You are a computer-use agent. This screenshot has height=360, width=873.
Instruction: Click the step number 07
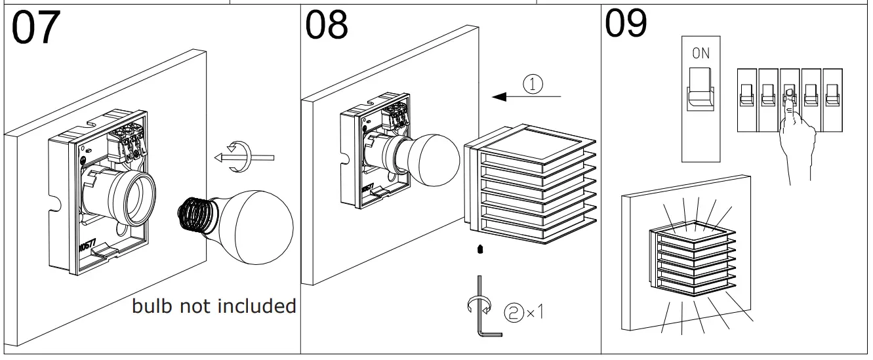click(36, 28)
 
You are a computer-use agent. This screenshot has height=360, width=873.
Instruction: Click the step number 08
click(327, 26)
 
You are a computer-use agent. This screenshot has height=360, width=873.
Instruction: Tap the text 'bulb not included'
click(214, 306)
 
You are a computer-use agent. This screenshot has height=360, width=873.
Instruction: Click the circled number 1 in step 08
click(533, 83)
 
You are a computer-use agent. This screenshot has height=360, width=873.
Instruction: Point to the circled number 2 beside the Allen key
click(512, 311)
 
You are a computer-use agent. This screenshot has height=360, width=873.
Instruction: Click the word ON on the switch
click(700, 54)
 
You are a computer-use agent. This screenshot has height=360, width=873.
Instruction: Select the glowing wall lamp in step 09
click(695, 262)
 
